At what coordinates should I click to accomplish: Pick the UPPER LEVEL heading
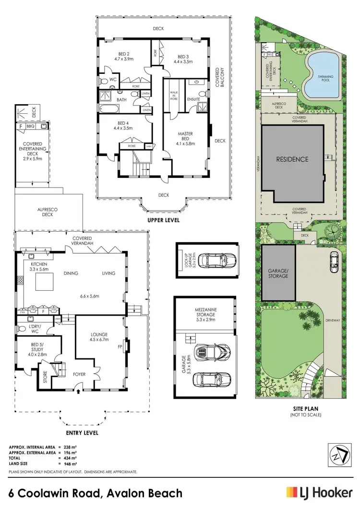164,220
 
